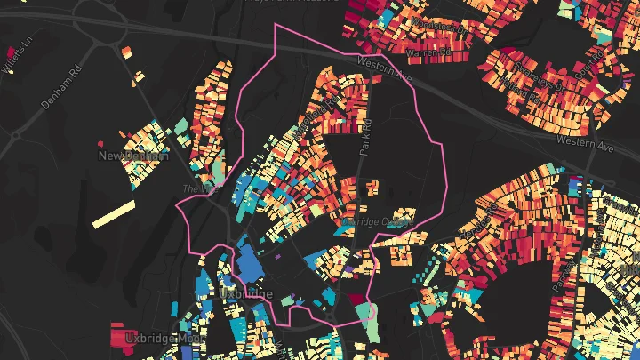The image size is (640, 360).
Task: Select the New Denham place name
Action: pos(133,156)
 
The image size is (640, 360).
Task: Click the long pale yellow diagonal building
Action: pos(114,214)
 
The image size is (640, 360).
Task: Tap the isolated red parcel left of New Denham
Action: pos(100,142)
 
